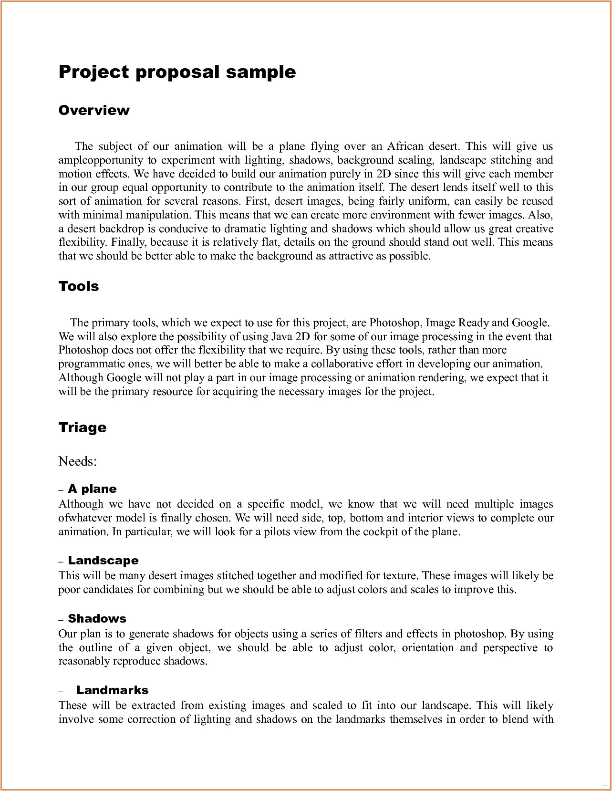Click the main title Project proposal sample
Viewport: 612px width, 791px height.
(177, 72)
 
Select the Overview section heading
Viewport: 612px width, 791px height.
(94, 110)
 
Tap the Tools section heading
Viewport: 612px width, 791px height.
(79, 286)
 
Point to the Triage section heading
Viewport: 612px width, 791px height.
(82, 427)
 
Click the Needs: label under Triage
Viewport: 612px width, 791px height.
(77, 461)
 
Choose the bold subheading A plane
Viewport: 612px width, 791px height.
(92, 489)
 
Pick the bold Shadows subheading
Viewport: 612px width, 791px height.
(97, 619)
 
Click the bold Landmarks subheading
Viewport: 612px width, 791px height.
(112, 690)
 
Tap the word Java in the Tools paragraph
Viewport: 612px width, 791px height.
(282, 336)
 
